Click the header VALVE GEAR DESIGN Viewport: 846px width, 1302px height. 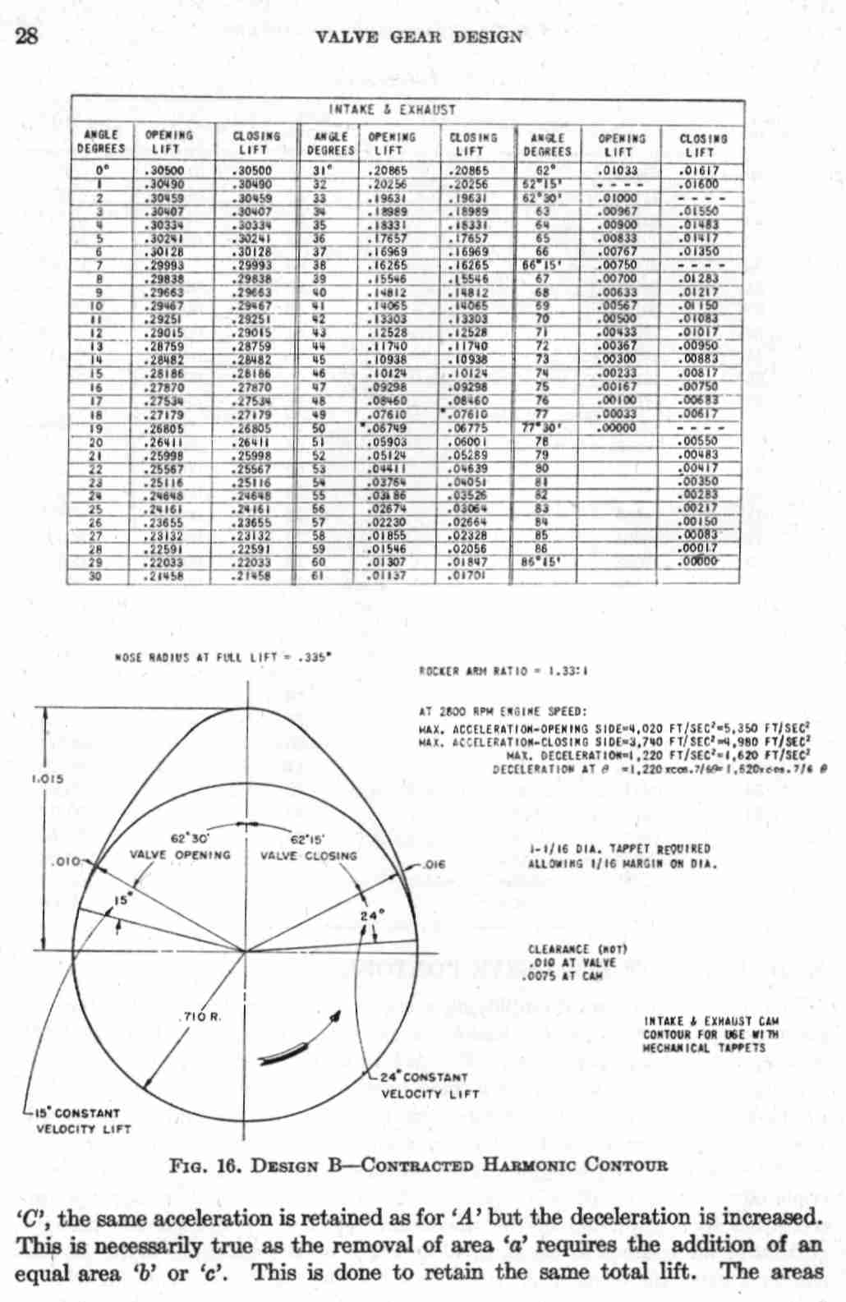click(418, 37)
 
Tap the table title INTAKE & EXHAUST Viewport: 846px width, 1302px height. click(392, 109)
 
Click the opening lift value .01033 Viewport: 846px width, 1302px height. click(620, 171)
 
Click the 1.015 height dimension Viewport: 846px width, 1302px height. click(25, 778)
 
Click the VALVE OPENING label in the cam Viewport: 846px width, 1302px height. click(180, 854)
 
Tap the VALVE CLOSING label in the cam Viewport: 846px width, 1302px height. click(309, 855)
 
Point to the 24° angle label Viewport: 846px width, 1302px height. click(371, 914)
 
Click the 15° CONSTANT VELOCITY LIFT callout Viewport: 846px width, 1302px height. click(78, 1120)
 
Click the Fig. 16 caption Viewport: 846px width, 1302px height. click(418, 1165)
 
